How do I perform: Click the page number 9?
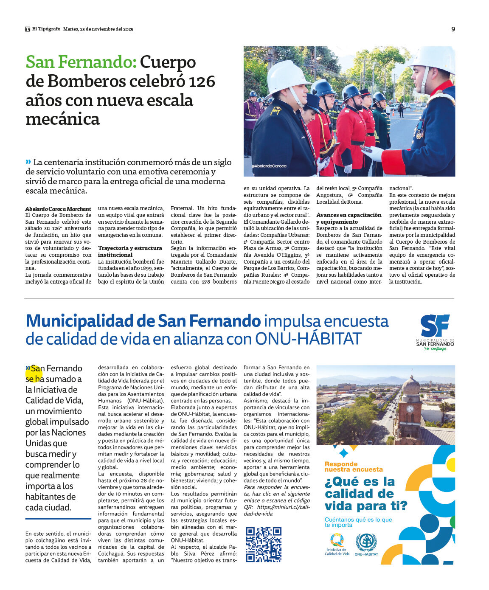[x=453, y=29]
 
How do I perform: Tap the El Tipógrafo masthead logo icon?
[x=28, y=29]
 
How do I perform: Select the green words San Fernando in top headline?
[x=81, y=62]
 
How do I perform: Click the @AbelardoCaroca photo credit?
[x=269, y=166]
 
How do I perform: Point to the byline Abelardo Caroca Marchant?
[x=58, y=209]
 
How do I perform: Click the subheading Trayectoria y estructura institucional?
[x=130, y=251]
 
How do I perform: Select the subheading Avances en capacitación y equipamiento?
[x=348, y=218]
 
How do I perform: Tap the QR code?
[x=264, y=544]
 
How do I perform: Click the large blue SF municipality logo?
[x=435, y=326]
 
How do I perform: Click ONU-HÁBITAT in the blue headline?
[x=308, y=339]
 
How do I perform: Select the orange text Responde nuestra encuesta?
[x=353, y=466]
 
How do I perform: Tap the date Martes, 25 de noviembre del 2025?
[x=98, y=29]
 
